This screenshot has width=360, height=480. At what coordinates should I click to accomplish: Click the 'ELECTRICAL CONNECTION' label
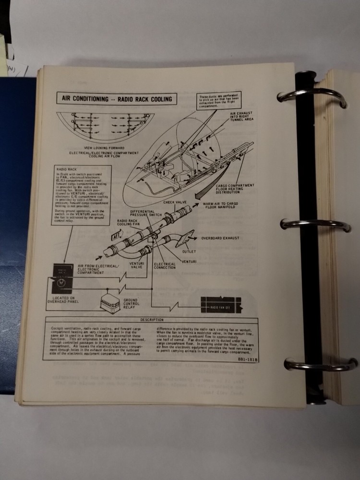[165, 266]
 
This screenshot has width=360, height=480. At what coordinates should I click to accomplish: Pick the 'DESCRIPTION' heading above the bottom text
[152, 320]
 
